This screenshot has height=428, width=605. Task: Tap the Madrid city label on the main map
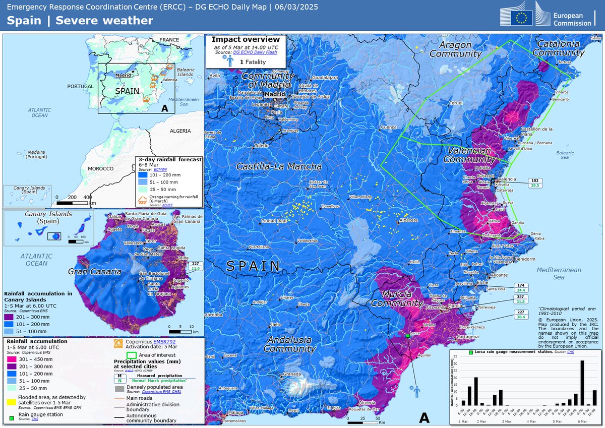coord(275,94)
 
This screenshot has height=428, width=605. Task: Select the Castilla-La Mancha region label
coord(280,167)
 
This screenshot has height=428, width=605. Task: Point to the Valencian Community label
coord(467,155)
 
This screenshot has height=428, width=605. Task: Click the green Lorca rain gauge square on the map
coord(407,335)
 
